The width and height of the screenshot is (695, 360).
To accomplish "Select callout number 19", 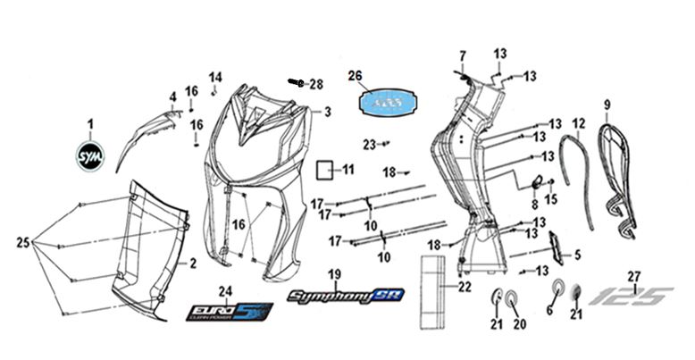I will click(x=333, y=273).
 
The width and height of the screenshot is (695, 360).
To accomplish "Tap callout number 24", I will click(x=225, y=290).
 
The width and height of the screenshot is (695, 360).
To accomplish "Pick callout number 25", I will click(x=23, y=242).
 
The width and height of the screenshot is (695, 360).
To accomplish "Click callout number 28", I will click(x=314, y=85).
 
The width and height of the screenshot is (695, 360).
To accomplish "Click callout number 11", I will click(x=348, y=169).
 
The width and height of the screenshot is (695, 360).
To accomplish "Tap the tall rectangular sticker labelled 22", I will click(x=435, y=286).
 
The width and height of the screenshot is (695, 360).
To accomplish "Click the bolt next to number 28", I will click(x=296, y=82).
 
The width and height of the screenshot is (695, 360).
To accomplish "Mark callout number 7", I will click(x=463, y=56).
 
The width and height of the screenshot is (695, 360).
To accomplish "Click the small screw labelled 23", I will click(x=385, y=143).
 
